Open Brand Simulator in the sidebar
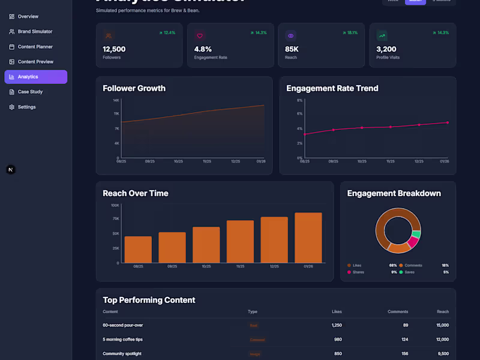pos(35,32)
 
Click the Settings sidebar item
pos(26,107)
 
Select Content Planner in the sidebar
pos(35,47)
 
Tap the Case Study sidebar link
pos(29,92)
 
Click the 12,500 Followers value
pos(114,49)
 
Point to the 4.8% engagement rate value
pos(203,49)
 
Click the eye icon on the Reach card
pos(290,36)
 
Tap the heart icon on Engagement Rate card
pos(200,36)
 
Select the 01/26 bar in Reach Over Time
pos(308,238)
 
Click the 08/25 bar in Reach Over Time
pos(138,249)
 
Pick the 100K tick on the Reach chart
pos(115,205)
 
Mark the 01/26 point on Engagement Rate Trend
pos(448,122)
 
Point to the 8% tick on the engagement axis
pos(299,100)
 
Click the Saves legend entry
pos(410,272)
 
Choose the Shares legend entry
pos(358,272)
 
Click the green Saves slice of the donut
pos(416,233)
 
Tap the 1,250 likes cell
pos(337,325)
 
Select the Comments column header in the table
pos(398,312)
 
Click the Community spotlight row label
pos(122,354)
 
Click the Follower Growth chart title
pos(134,88)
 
